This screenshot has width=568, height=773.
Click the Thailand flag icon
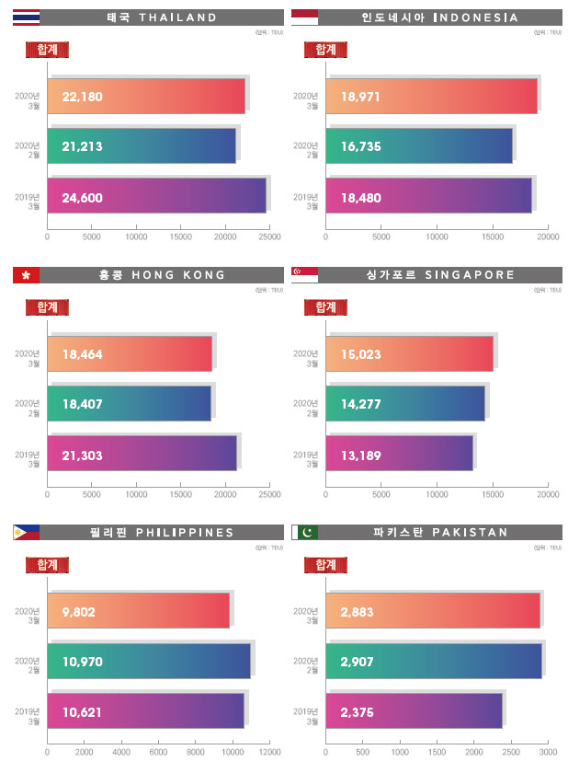point(26,17)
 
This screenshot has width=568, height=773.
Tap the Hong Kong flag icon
point(26,274)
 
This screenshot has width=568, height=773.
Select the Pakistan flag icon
point(304,532)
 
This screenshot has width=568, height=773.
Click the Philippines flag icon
point(26,532)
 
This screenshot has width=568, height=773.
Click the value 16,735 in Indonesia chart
point(360,146)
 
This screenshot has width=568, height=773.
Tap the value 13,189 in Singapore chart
point(360,455)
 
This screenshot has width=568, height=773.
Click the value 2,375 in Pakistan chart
point(357,712)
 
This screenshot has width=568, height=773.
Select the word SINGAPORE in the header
point(469,274)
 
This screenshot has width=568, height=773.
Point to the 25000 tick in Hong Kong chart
point(269,494)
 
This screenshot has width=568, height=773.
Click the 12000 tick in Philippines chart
point(269,752)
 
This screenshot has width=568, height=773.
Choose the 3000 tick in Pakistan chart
point(548,752)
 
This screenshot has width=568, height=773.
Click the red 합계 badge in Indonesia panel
point(325,50)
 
